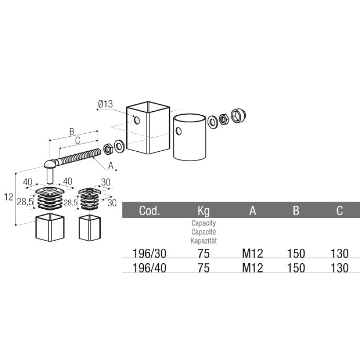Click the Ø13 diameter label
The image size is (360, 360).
pyautogui.click(x=105, y=104)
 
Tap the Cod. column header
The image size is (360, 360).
pyautogui.click(x=149, y=210)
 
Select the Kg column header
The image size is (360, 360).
pyautogui.click(x=204, y=211)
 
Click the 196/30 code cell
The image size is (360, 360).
pyautogui.click(x=149, y=253)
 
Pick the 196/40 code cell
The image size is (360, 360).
pyautogui.click(x=149, y=268)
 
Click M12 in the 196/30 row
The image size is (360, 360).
pyautogui.click(x=252, y=253)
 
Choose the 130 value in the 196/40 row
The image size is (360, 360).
pyautogui.click(x=340, y=268)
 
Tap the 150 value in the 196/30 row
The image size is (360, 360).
pyautogui.click(x=296, y=253)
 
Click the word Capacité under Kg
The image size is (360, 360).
pyautogui.click(x=204, y=232)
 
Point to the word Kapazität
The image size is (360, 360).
pyautogui.click(x=204, y=241)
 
